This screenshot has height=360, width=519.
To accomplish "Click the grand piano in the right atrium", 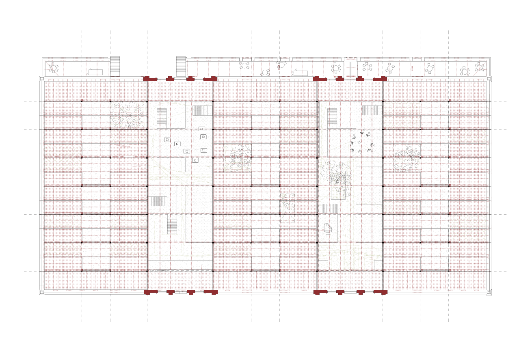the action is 328,228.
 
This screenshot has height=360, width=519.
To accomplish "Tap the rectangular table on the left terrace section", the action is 95,72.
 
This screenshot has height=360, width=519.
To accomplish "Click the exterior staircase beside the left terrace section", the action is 115,66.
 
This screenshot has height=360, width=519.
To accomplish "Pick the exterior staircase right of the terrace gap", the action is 181,66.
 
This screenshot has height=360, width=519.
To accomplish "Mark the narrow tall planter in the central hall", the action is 287,207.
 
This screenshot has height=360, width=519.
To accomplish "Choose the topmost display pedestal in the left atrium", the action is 201,129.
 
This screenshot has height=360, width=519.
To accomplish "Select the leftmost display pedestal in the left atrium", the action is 167,140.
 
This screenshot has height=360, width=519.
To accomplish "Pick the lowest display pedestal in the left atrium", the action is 195,160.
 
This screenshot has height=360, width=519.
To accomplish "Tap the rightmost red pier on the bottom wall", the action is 380,292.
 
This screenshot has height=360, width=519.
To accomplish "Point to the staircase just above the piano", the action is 330,208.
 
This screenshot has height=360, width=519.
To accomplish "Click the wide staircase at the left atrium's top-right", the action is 202,110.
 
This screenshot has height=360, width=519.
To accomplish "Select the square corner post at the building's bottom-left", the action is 41,291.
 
